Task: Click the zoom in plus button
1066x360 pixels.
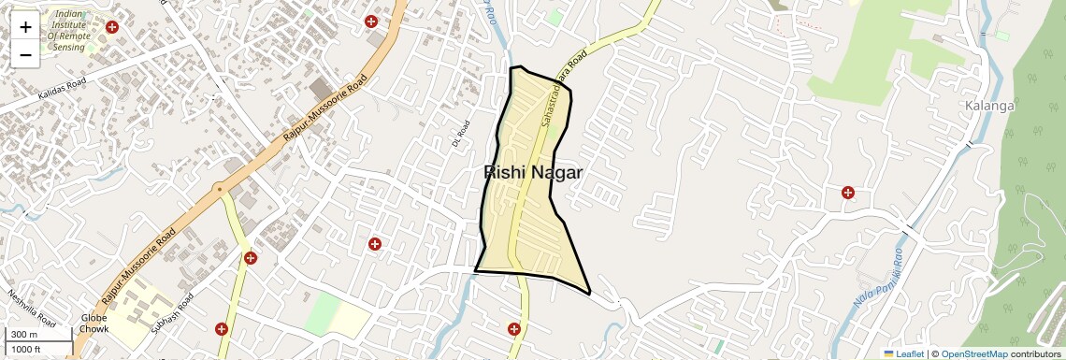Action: coord(25,26)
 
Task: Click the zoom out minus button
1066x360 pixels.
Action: coord(25,54)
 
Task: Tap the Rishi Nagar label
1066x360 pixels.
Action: coord(533,173)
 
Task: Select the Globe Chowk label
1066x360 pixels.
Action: coord(94,324)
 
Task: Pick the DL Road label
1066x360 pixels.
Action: coord(458,134)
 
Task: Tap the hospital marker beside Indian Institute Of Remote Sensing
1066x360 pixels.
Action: coord(113,28)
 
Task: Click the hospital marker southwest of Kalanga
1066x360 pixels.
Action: coord(848,193)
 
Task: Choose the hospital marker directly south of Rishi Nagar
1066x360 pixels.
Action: coord(513,328)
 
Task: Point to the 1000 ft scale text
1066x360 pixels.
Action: coord(27,349)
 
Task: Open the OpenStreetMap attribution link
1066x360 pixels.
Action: coord(973,353)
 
